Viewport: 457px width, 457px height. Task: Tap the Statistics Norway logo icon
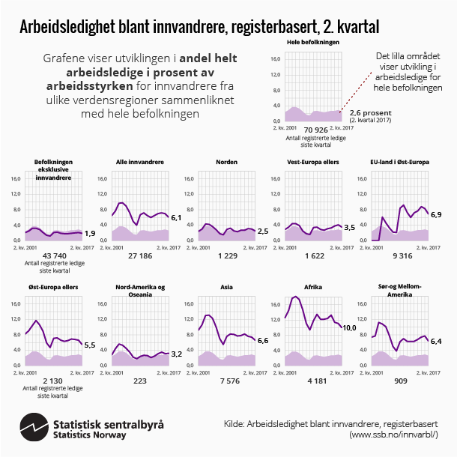coord(34,426)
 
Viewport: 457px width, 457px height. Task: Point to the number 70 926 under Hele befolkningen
coord(313,130)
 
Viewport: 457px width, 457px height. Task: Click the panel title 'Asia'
coord(226,287)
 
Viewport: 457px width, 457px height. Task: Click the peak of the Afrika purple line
coord(296,297)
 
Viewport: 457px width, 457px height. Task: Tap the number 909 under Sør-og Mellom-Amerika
coord(399,381)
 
